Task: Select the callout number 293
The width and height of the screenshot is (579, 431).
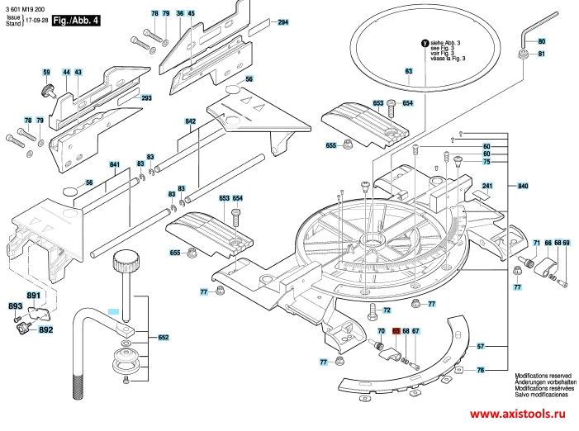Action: [x=147, y=98]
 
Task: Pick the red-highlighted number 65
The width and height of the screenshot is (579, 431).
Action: [x=396, y=331]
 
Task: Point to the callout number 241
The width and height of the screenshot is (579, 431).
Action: [x=487, y=186]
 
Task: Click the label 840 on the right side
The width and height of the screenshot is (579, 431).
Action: [x=523, y=186]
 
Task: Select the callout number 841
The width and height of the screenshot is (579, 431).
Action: [x=114, y=165]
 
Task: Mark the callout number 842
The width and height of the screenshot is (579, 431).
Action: [x=191, y=121]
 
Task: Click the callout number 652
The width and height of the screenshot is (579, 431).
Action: [x=164, y=337]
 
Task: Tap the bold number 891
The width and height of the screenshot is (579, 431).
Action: [x=33, y=296]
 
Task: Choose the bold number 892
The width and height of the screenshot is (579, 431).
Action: [x=45, y=330]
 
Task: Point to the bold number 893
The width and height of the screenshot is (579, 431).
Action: [x=15, y=306]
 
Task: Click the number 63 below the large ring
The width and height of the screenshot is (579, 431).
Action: [x=408, y=71]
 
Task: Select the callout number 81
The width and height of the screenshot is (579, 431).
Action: [x=542, y=54]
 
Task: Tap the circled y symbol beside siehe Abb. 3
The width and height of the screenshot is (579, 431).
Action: [x=425, y=43]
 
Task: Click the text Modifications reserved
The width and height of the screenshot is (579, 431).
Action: [x=544, y=375]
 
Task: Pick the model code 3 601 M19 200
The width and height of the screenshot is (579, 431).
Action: [x=24, y=7]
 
